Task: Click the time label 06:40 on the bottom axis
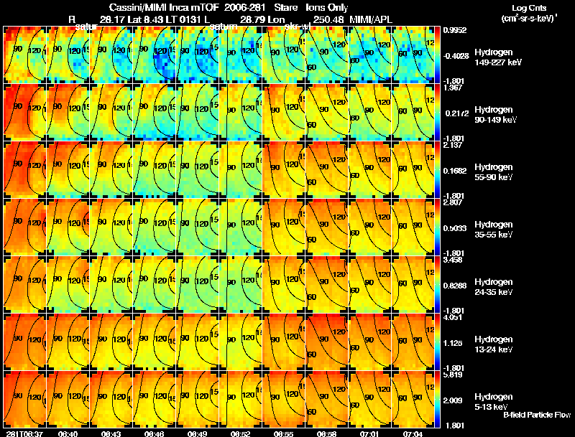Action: [x=68, y=433]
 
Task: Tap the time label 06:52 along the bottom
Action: [x=241, y=433]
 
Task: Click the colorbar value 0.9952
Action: [x=457, y=30]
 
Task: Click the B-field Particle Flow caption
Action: [x=536, y=415]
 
